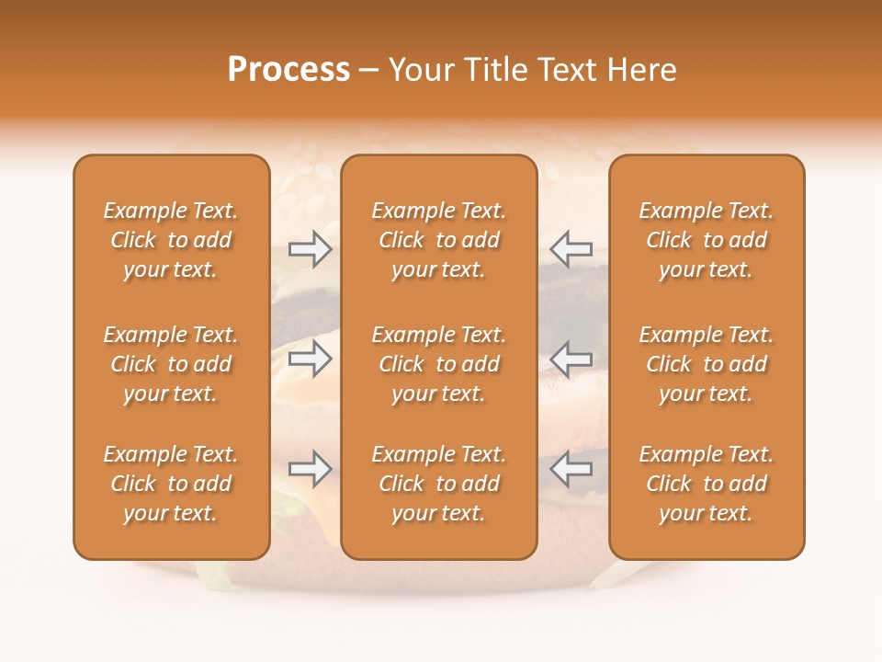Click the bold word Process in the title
[x=288, y=70]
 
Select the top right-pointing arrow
[x=310, y=249]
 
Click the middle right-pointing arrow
[x=310, y=359]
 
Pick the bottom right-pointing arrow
[x=310, y=470]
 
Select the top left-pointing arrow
[x=571, y=249]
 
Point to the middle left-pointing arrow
[x=571, y=359]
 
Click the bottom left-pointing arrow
[x=571, y=470]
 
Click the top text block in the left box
[x=171, y=240]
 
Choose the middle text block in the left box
[x=171, y=364]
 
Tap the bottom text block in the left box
[x=171, y=484]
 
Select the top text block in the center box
[x=438, y=240]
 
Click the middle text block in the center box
[x=438, y=364]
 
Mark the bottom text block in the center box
[x=438, y=484]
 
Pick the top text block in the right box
[x=706, y=240]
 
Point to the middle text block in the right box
[x=706, y=364]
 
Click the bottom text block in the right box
[x=706, y=484]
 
